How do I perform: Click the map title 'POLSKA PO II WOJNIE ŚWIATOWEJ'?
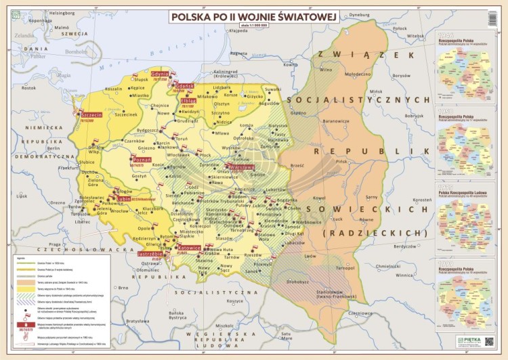tap(253, 16)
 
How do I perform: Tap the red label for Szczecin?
tap(91, 115)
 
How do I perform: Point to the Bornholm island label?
tap(71, 51)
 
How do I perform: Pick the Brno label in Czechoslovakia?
tap(123, 288)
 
